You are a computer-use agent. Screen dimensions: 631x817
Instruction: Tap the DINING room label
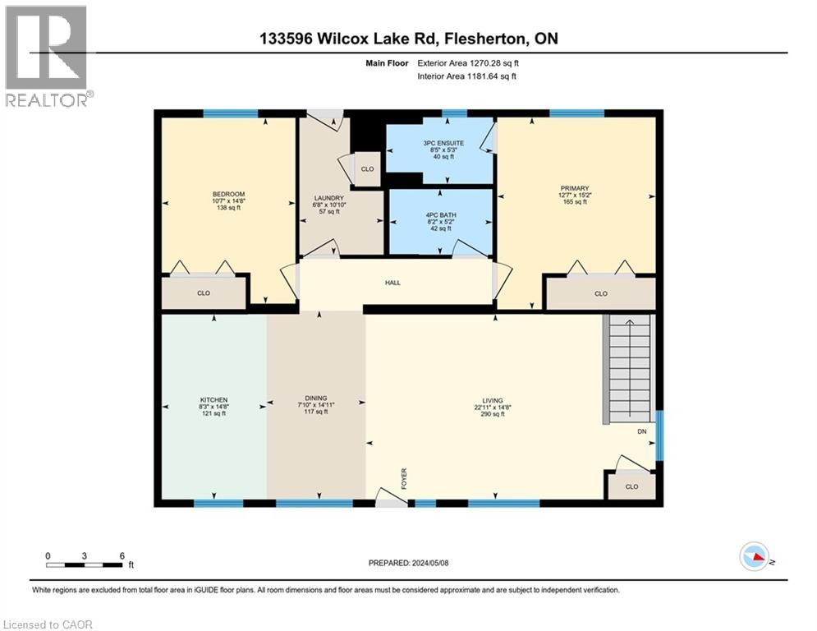click(x=315, y=398)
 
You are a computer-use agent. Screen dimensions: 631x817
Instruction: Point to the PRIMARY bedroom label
click(x=575, y=188)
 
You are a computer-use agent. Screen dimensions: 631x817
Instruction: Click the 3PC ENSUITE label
click(x=438, y=143)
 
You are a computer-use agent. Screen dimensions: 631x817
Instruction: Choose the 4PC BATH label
click(x=439, y=214)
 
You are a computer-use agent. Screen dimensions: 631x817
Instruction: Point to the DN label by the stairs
click(x=641, y=431)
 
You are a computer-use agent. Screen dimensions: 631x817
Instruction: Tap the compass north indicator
click(x=754, y=557)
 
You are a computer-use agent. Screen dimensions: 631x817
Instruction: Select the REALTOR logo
click(x=47, y=56)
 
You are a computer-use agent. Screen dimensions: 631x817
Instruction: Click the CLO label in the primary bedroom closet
click(x=600, y=293)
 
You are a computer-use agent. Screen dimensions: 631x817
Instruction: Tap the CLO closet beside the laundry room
click(x=367, y=169)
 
